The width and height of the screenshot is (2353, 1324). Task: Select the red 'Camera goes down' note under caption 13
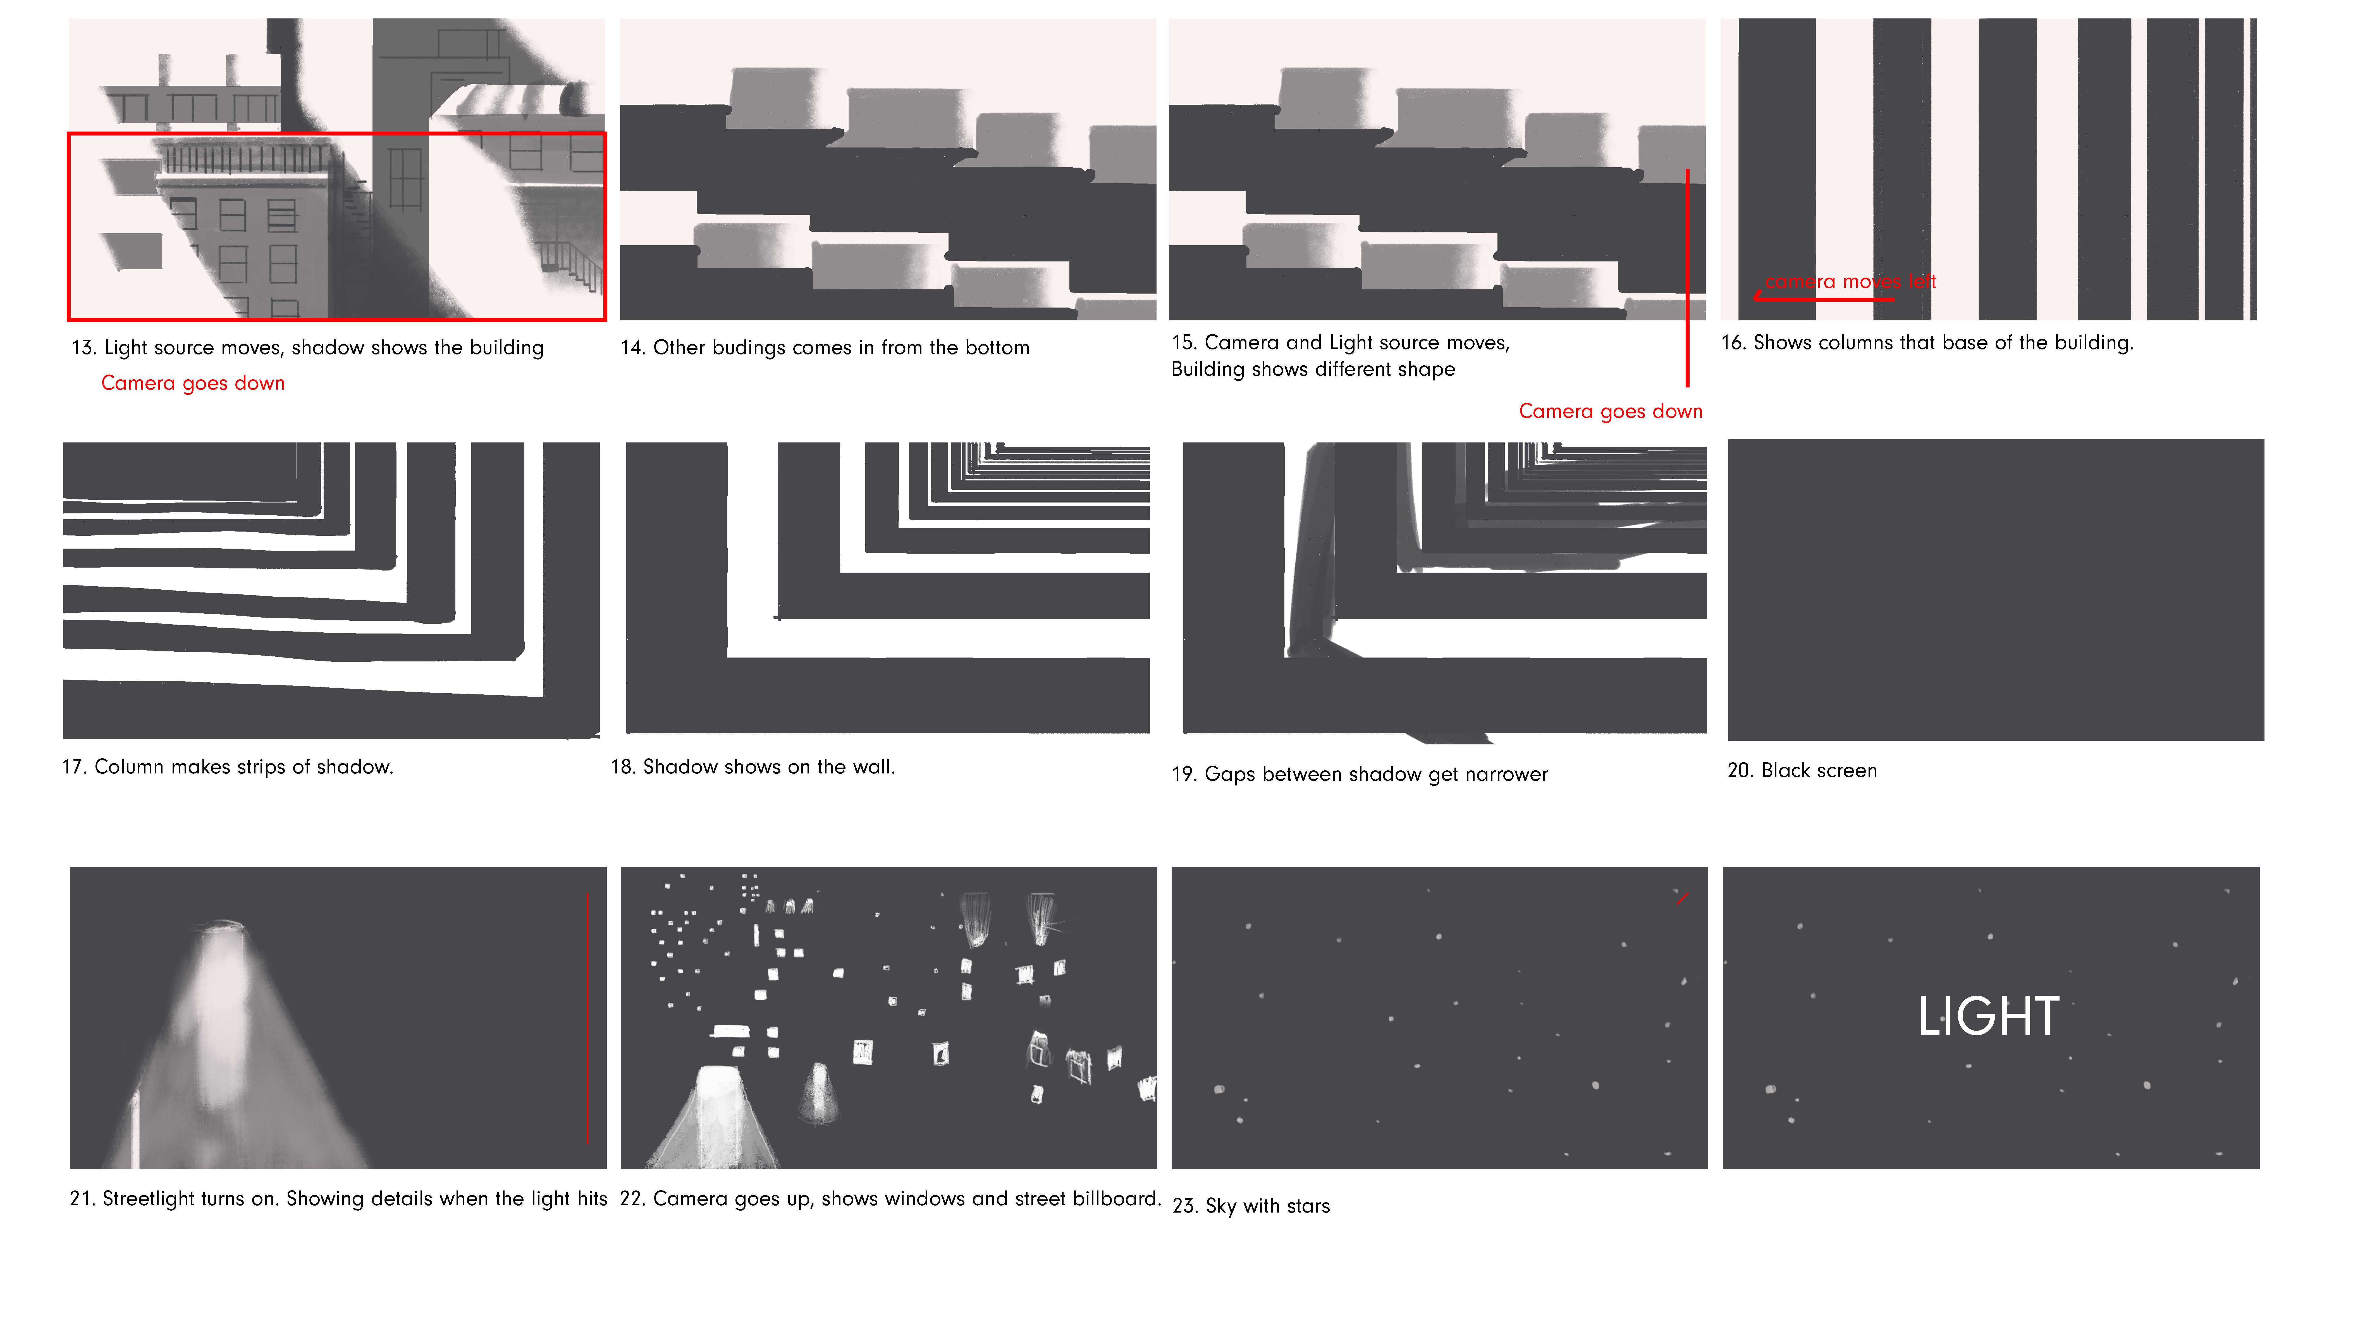coord(193,383)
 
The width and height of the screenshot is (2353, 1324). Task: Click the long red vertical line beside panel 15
coord(1687,278)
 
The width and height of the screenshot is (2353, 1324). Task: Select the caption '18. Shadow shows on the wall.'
coord(753,767)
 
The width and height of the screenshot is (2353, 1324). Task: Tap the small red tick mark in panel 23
coord(1682,898)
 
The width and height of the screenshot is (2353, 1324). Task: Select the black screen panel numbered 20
coord(1996,589)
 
